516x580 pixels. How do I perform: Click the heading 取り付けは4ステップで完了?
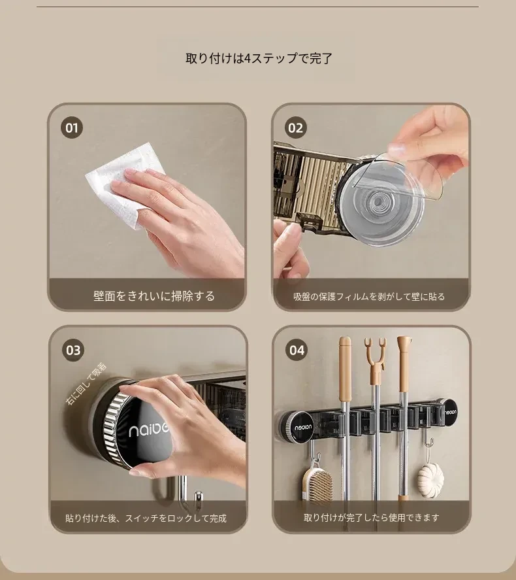click(x=259, y=58)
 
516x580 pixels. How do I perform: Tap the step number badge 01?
click(x=72, y=128)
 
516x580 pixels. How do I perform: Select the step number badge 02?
click(x=295, y=128)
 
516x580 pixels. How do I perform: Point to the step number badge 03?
click(x=73, y=350)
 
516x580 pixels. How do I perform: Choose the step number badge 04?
click(x=297, y=350)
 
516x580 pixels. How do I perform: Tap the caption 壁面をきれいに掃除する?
click(x=154, y=296)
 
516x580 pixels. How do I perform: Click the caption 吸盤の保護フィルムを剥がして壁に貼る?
click(x=369, y=297)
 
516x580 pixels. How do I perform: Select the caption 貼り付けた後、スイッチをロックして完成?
click(x=146, y=519)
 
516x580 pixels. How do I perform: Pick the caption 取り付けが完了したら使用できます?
click(x=371, y=517)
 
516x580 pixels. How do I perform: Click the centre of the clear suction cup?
click(x=378, y=201)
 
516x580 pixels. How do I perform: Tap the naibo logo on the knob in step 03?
click(x=148, y=430)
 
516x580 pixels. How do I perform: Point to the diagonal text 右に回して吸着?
click(x=86, y=384)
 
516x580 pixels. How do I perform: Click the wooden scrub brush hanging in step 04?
click(x=317, y=483)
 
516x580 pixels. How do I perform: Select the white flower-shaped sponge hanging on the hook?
click(x=430, y=477)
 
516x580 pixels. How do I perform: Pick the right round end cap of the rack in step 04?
click(x=449, y=411)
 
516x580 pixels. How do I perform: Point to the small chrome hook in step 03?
click(x=199, y=498)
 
